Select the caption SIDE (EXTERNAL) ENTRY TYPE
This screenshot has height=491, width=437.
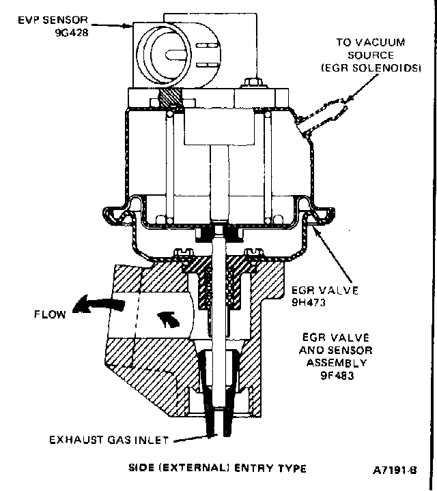click(x=217, y=468)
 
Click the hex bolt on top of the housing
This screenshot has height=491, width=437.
click(x=250, y=85)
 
